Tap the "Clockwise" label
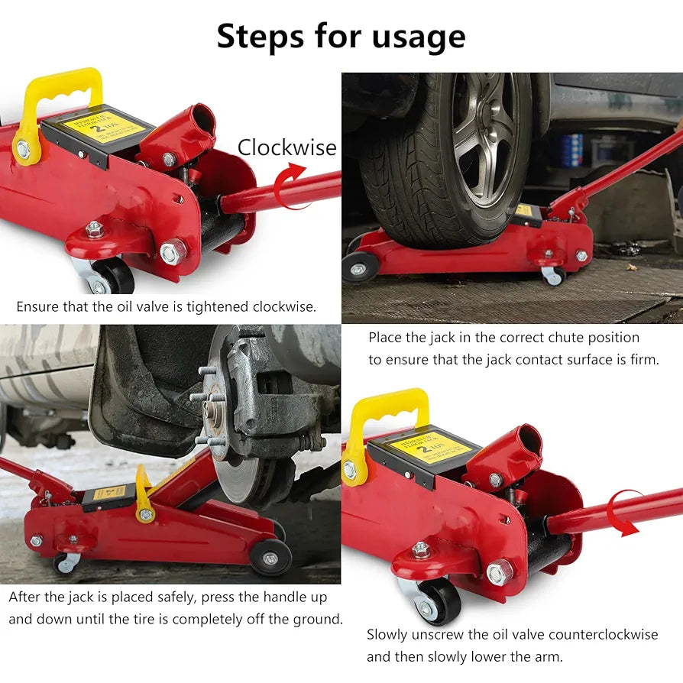tap(286, 147)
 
